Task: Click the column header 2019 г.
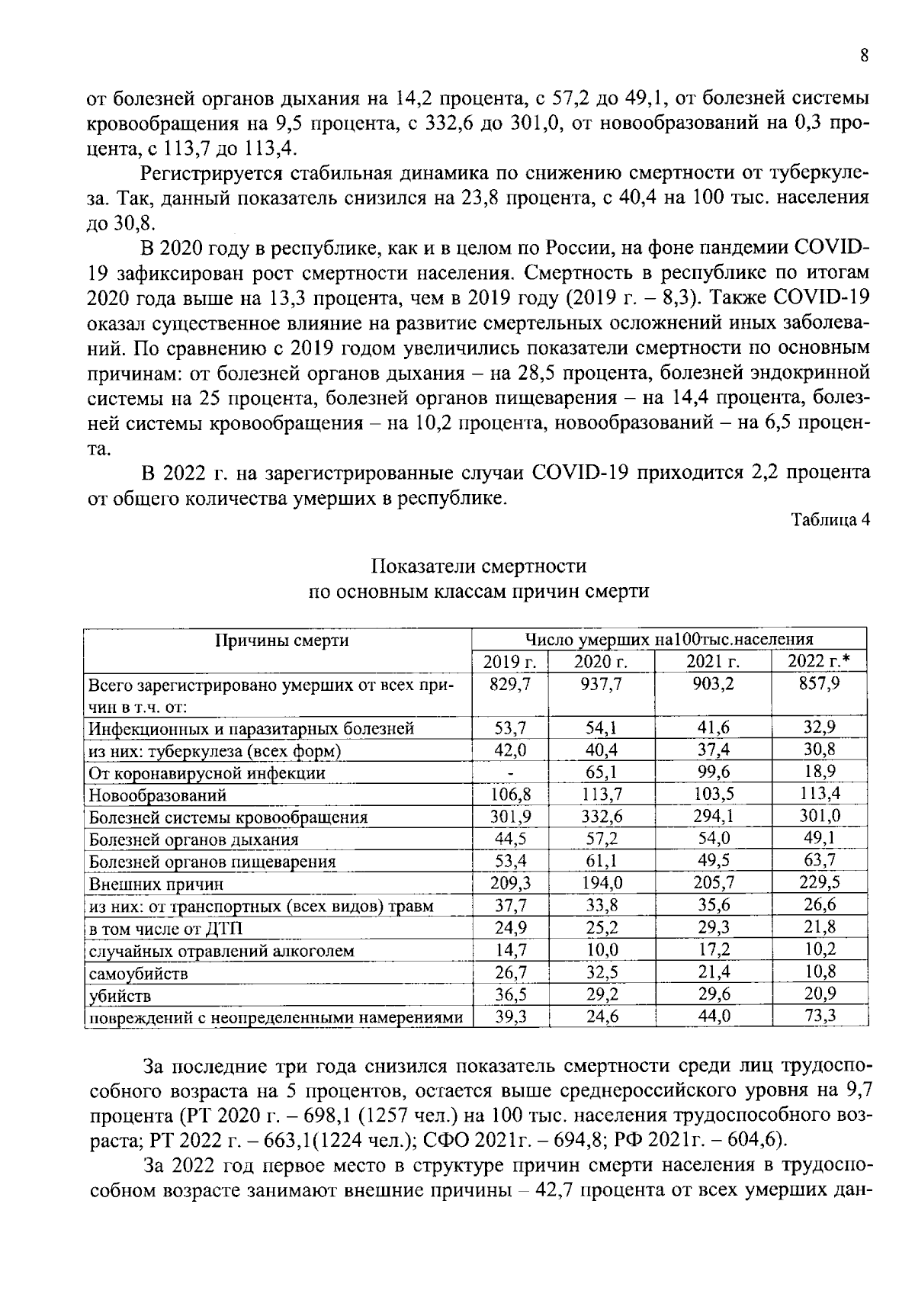pos(509,661)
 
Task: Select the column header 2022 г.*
pos(820,661)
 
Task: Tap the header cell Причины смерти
pos(281,641)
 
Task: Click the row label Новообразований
pos(158,795)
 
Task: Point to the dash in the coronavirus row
pos(509,773)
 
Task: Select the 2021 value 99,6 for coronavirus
pos(714,772)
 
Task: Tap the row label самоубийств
pos(139,974)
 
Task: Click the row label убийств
pos(120,996)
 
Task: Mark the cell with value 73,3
pos(820,1016)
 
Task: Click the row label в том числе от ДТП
pos(166,930)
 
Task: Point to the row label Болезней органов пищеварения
pos(213,862)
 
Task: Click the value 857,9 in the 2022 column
pos(820,684)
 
